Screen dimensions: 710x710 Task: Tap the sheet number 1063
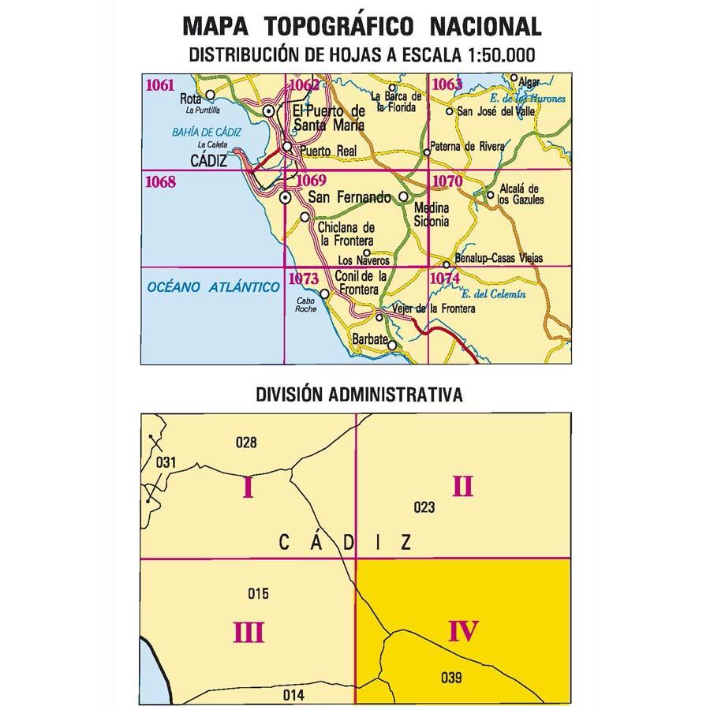click(446, 85)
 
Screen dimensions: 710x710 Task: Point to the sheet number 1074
click(446, 278)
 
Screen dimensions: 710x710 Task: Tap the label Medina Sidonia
click(432, 215)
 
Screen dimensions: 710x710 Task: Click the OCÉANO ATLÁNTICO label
click(213, 287)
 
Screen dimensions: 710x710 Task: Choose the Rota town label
click(190, 99)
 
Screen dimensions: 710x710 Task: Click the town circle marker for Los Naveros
click(366, 252)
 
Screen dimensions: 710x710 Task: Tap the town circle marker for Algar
click(514, 79)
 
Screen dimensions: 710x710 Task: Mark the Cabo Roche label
click(306, 305)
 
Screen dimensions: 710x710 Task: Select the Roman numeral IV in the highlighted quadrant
click(463, 631)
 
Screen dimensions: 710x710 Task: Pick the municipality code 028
click(246, 443)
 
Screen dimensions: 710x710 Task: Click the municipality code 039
click(451, 676)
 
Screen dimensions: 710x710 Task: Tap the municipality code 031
click(165, 462)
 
